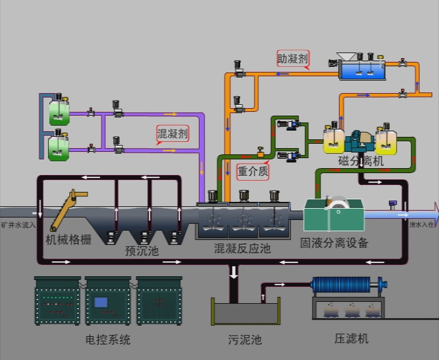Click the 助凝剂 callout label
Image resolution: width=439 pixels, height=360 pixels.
click(x=293, y=59)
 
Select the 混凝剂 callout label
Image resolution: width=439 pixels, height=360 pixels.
click(x=172, y=134)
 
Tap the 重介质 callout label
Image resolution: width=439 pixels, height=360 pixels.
click(x=253, y=171)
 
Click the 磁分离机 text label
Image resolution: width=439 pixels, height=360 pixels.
click(x=361, y=161)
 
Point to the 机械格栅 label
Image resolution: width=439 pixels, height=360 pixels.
click(x=68, y=239)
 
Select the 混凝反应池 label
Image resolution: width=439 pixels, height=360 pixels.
click(x=242, y=248)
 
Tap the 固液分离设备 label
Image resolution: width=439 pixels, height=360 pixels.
click(x=334, y=242)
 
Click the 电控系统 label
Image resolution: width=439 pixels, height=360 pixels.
click(x=108, y=340)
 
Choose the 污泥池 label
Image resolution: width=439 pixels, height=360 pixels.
click(x=245, y=340)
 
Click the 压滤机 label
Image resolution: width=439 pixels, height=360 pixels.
click(x=351, y=339)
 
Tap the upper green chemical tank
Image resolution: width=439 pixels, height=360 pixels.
click(x=58, y=112)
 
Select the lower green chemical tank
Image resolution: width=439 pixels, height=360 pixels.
click(x=58, y=148)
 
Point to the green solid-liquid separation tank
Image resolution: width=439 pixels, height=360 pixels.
click(x=333, y=216)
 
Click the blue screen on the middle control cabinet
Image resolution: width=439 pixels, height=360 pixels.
click(x=101, y=302)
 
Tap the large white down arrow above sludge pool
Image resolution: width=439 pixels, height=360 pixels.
click(x=235, y=272)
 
